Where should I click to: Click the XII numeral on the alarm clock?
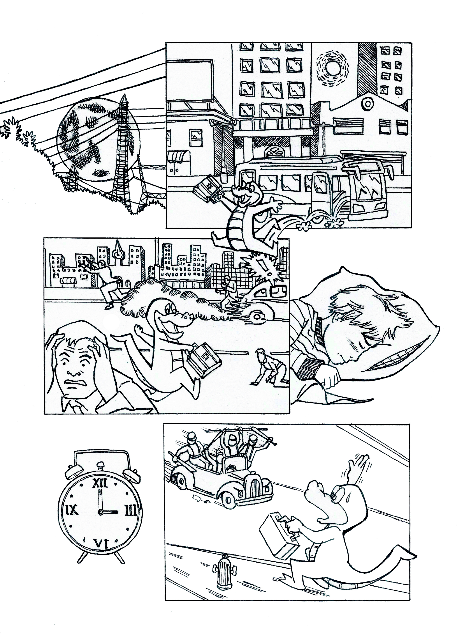tap(100, 483)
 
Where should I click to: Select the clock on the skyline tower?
tap(118, 254)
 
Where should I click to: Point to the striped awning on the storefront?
tap(179, 156)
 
